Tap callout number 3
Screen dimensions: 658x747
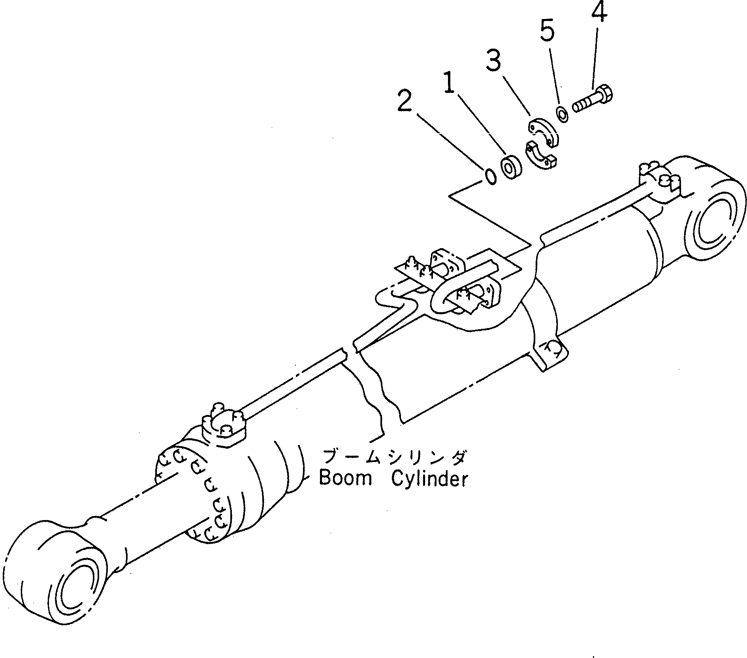493,61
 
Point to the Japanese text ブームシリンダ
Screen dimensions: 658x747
395,458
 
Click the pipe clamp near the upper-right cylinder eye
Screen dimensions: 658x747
660,182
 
